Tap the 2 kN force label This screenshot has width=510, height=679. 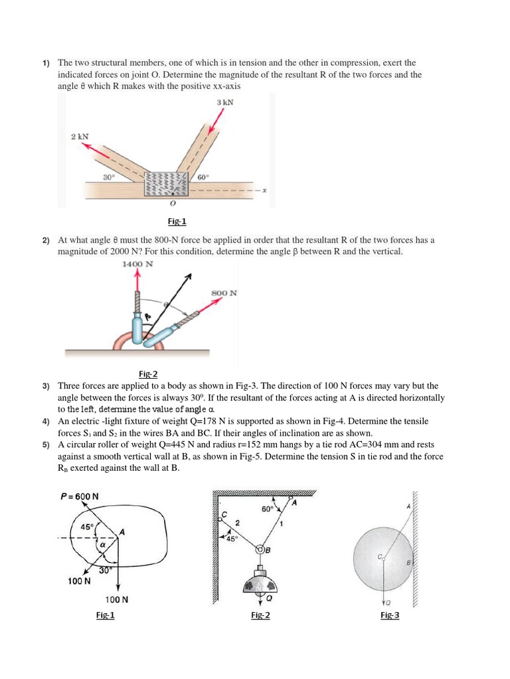tap(80, 136)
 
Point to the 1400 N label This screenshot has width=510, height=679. tap(137, 263)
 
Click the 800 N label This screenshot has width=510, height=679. tap(224, 292)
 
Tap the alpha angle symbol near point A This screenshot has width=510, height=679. tap(103, 546)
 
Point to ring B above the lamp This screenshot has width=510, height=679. tap(260, 550)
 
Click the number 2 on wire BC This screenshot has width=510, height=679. tap(238, 524)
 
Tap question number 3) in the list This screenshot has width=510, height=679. tap(46, 385)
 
